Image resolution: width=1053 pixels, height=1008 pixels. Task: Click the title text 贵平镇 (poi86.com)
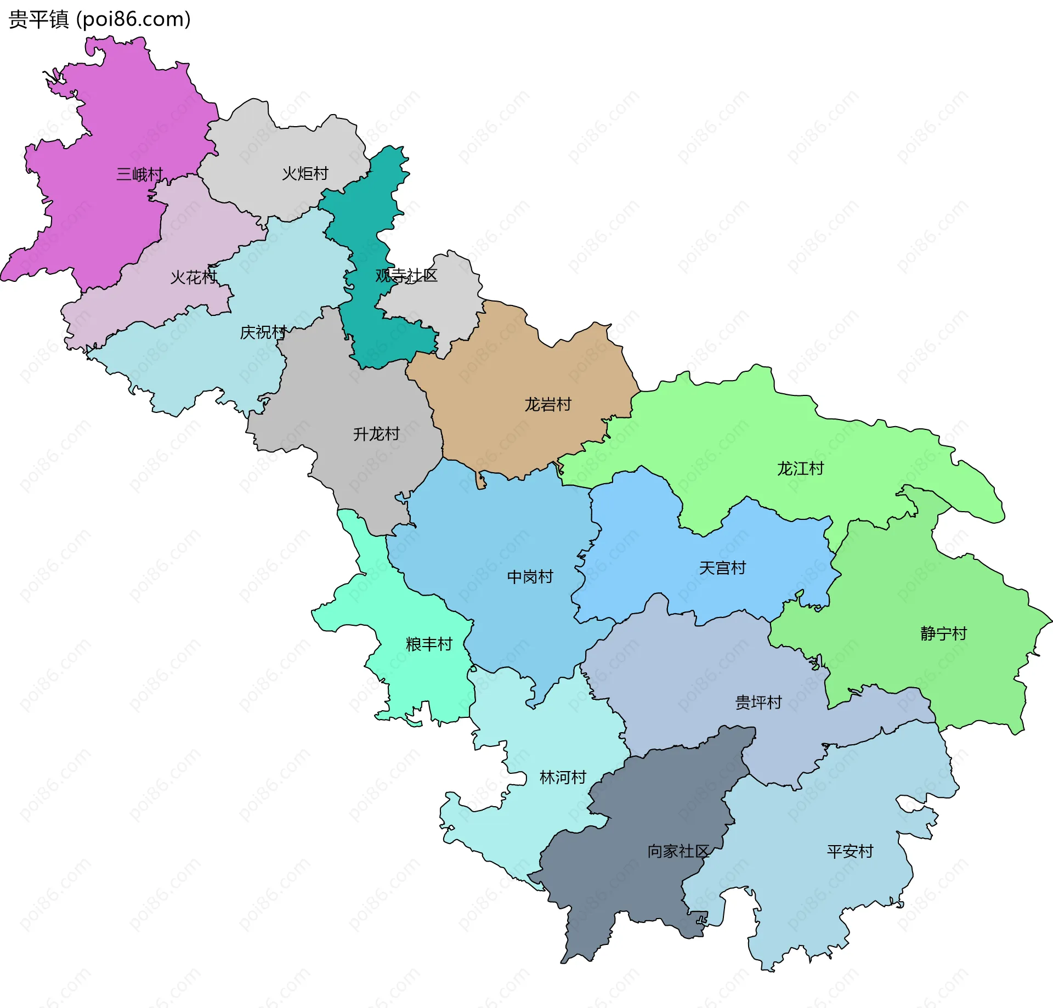click(x=100, y=19)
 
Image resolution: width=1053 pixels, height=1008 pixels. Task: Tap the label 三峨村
click(x=140, y=174)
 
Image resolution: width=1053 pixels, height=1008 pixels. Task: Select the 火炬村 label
click(x=305, y=173)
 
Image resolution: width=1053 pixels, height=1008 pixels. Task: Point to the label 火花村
click(x=194, y=277)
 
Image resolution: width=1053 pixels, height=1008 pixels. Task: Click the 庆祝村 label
click(x=263, y=332)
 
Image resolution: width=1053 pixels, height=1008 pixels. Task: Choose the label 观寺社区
click(x=406, y=275)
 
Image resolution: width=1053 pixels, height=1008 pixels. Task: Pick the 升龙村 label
click(x=376, y=434)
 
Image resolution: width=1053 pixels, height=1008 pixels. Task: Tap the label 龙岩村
click(x=548, y=404)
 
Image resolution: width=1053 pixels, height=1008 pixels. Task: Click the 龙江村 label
click(x=800, y=468)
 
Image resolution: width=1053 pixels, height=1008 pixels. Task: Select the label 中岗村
click(x=530, y=576)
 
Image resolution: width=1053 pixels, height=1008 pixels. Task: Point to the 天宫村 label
click(x=722, y=568)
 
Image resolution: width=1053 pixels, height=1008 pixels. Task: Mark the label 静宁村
click(x=943, y=633)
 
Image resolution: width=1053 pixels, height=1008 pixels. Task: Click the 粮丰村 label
click(x=429, y=644)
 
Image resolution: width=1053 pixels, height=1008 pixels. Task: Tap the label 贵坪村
click(x=758, y=702)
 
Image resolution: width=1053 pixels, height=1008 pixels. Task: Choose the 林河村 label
click(x=563, y=777)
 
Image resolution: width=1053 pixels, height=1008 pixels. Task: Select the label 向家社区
click(x=678, y=851)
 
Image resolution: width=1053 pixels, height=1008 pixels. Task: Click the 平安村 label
click(x=850, y=851)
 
